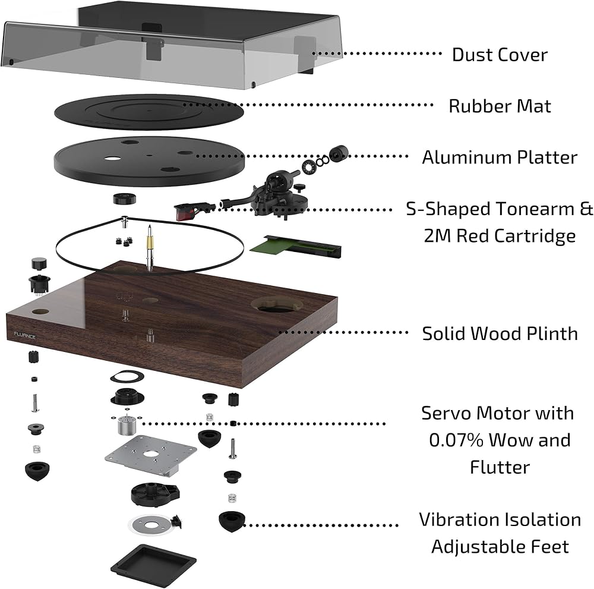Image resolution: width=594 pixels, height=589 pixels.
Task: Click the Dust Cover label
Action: pos(500,55)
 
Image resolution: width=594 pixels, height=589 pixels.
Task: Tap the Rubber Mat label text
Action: pos(500,106)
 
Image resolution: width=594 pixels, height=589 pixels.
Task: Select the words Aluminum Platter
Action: pos(500,158)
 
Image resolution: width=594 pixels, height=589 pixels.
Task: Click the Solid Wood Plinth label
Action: pos(500,333)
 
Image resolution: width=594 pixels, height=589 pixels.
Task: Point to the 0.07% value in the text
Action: pos(456,440)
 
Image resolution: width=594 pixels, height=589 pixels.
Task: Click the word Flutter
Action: pos(500,467)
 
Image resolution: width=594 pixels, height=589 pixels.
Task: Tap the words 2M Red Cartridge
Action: pos(500,236)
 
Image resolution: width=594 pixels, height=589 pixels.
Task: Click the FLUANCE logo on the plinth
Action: pos(24,335)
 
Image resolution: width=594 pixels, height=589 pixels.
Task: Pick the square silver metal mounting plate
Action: pos(151,454)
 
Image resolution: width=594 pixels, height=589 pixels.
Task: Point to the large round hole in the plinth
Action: pos(276,304)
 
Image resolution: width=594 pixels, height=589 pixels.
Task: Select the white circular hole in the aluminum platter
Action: pos(112,158)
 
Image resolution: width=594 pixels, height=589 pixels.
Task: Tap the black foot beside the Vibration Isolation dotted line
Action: pos(232,521)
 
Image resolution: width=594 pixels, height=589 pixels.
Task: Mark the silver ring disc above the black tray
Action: pos(151,525)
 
